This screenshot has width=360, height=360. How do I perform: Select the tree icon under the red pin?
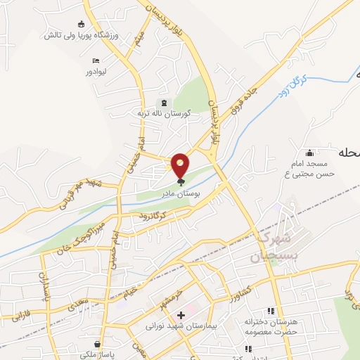click(x=181, y=181)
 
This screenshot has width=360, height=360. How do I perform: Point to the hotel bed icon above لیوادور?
click(x=96, y=61)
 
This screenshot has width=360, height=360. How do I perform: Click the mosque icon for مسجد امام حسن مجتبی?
click(x=309, y=153)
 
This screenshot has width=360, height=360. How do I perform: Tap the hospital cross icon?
click(x=181, y=315)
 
